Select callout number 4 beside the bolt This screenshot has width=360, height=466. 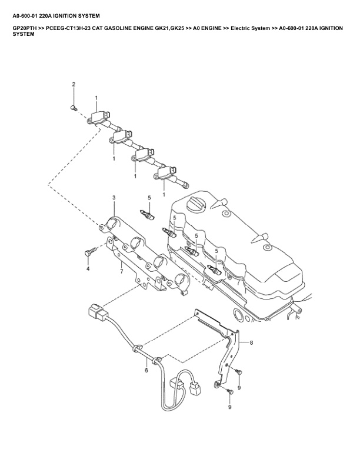(88, 268)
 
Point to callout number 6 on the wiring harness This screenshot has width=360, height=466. (146, 370)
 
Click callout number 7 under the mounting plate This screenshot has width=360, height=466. (121, 271)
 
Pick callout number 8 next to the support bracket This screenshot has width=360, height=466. (251, 342)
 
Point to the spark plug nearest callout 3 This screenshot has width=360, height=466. (147, 215)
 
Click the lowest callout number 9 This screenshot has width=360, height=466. (229, 406)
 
